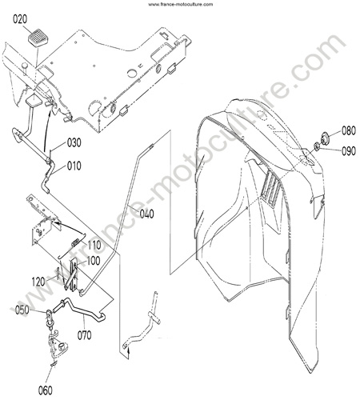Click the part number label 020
20,19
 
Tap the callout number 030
74,142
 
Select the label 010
74,166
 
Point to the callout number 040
146,214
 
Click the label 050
22,310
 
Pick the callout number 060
45,390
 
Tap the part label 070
84,335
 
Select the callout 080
349,130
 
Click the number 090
349,151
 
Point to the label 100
93,261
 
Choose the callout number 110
94,245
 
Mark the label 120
38,282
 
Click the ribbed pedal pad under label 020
38,38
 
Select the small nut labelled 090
317,146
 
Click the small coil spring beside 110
75,242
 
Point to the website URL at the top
181,4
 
